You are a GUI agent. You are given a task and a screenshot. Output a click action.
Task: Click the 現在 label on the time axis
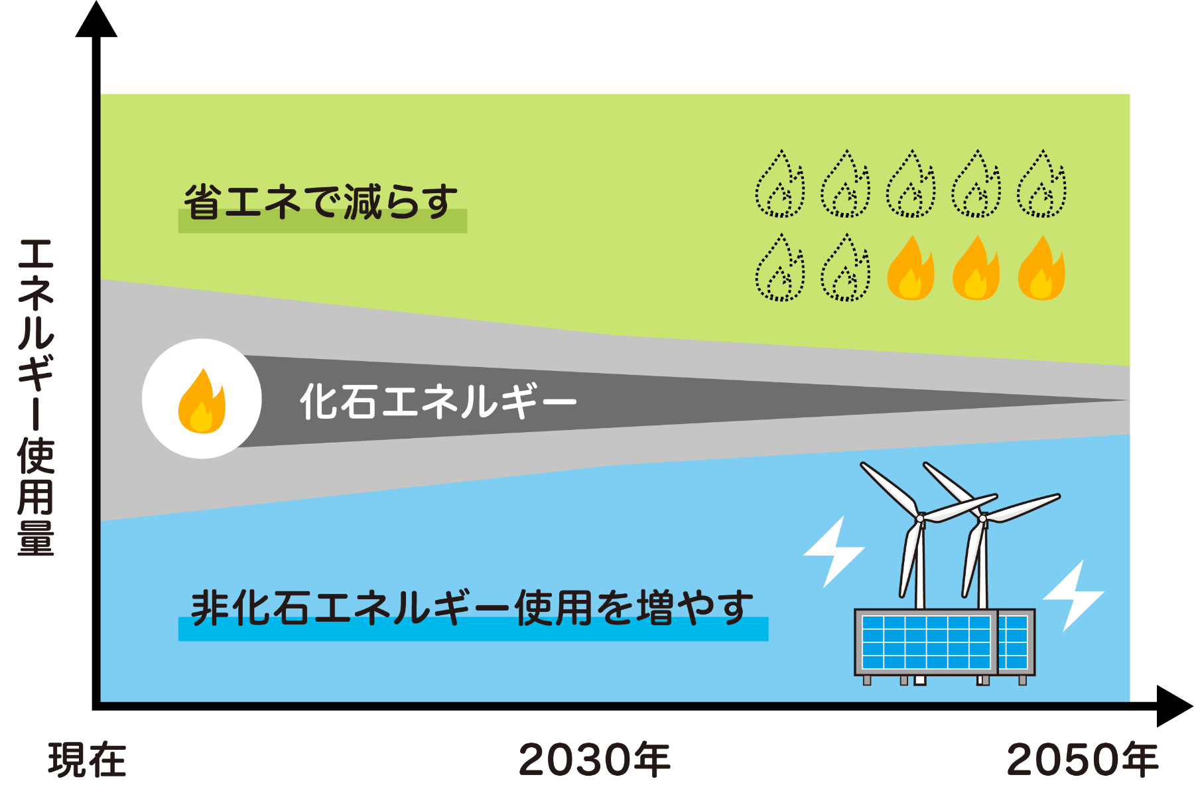pyautogui.click(x=87, y=760)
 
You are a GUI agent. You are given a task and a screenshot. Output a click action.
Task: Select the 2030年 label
pyautogui.click(x=594, y=760)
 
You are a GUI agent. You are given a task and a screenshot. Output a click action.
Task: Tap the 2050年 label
pyautogui.click(x=1083, y=760)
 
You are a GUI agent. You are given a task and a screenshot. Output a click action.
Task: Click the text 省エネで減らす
pyautogui.click(x=322, y=202)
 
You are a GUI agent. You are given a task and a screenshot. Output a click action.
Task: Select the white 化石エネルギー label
pyautogui.click(x=438, y=401)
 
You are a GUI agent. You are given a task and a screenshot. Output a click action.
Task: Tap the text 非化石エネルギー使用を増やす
pyautogui.click(x=472, y=608)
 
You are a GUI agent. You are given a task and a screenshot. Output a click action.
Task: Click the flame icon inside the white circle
pyautogui.click(x=202, y=401)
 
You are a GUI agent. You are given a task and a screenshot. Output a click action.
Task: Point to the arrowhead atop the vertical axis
pyautogui.click(x=96, y=19)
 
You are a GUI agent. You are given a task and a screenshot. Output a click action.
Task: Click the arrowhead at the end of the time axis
pyautogui.click(x=1175, y=706)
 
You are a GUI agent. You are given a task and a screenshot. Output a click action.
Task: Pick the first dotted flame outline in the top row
pyautogui.click(x=780, y=184)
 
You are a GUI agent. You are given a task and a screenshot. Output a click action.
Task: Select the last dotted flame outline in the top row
pyautogui.click(x=1041, y=184)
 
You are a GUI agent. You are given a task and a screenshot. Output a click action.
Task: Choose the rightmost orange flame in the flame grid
pyautogui.click(x=1041, y=268)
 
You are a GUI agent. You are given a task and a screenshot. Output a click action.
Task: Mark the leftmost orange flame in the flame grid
pyautogui.click(x=911, y=268)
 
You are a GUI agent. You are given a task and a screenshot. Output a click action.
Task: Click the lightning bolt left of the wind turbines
pyautogui.click(x=834, y=551)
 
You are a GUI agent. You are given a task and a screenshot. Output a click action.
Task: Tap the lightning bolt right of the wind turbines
pyautogui.click(x=1074, y=595)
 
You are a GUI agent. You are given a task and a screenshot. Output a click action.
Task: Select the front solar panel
pyautogui.click(x=926, y=642)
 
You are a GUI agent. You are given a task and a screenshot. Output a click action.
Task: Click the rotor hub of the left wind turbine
pyautogui.click(x=920, y=518)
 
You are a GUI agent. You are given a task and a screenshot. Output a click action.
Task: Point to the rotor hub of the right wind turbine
pyautogui.click(x=983, y=518)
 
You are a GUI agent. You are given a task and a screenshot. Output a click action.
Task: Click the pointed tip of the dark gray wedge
pyautogui.click(x=1128, y=400)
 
